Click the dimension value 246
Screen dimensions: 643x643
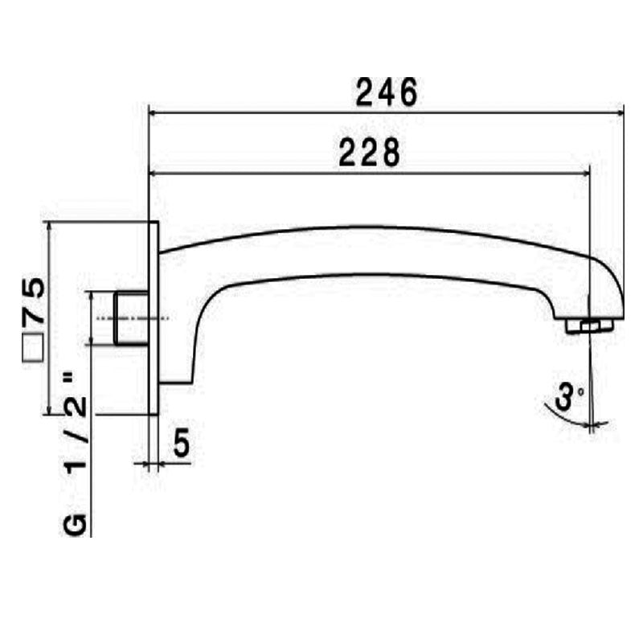387,92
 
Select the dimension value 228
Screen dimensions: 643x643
369,152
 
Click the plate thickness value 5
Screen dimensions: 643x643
181,444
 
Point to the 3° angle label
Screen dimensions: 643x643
571,396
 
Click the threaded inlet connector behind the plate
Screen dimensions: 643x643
131,319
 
